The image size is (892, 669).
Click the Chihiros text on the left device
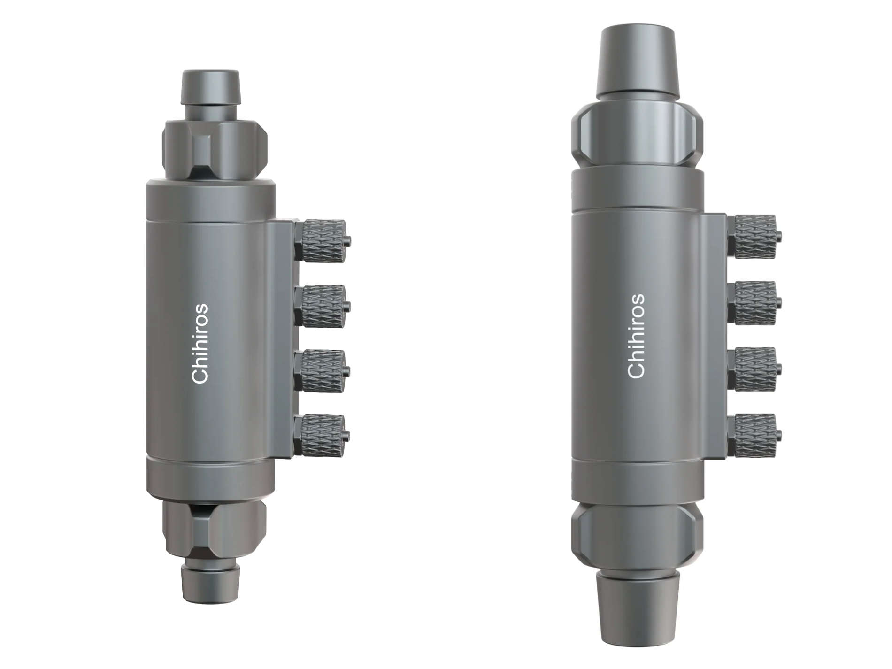(x=200, y=344)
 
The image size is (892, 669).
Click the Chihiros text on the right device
(x=636, y=336)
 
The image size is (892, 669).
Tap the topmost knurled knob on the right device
(x=754, y=237)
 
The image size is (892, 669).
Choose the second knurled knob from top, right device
(x=754, y=303)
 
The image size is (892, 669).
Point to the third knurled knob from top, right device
(x=754, y=369)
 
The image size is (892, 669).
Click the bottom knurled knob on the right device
(x=754, y=435)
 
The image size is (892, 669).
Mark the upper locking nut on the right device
(x=637, y=135)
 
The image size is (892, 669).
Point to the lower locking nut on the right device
(x=637, y=535)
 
